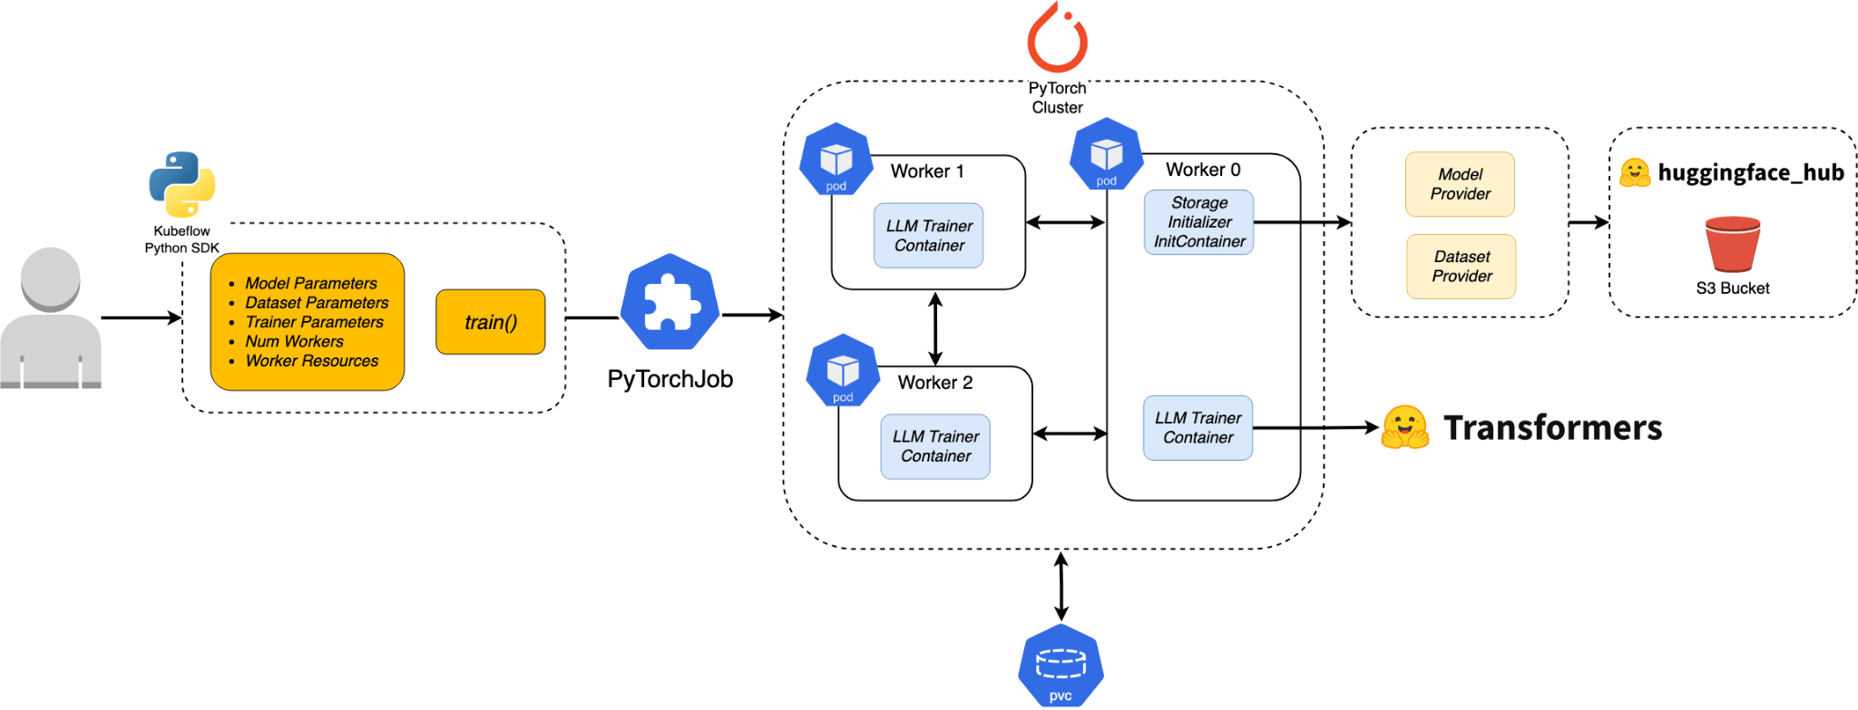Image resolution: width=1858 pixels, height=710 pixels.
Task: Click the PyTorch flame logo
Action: coord(1057,38)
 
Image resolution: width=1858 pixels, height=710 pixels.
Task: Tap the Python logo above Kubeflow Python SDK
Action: coord(182,184)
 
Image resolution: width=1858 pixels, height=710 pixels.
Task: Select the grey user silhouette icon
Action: coord(51,318)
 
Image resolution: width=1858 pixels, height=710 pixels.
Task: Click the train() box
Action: coord(490,322)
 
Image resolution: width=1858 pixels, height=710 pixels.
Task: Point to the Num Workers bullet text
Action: coord(294,342)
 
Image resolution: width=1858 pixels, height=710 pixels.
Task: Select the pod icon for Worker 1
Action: coord(836,160)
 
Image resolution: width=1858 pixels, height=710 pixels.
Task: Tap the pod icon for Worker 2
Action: coord(843,372)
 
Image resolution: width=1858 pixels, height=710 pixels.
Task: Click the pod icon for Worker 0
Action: coord(1106,155)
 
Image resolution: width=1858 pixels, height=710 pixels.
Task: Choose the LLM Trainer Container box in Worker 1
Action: coord(928,236)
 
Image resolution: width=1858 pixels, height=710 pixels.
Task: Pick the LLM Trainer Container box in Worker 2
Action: coord(935,446)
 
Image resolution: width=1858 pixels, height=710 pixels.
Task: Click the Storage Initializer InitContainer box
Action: coord(1198,222)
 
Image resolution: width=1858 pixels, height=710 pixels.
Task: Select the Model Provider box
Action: coord(1460,184)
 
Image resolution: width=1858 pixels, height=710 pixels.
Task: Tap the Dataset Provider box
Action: coord(1461,267)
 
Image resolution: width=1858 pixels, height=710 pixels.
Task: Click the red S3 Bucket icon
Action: coord(1732,245)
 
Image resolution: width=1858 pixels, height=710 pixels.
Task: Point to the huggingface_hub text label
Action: coord(1750,172)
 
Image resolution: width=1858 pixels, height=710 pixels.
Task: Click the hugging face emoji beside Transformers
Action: coord(1404,427)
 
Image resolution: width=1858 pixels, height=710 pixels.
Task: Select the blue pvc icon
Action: coord(1061,666)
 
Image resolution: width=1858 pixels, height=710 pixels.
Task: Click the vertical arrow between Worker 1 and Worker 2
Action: coord(935,328)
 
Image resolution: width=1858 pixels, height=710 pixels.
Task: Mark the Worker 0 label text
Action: coord(1202,170)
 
